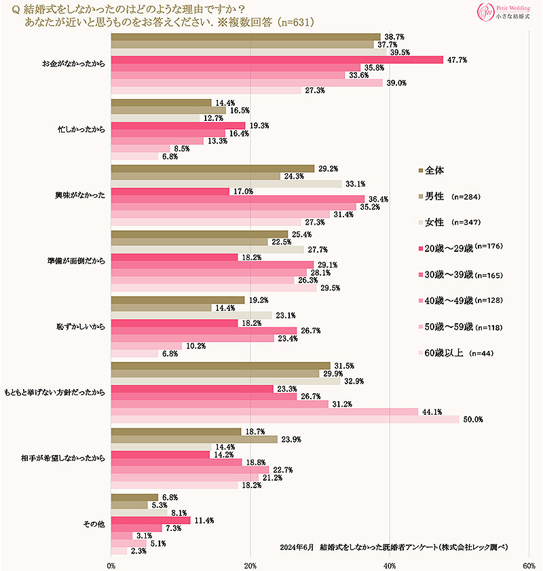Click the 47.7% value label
click(x=456, y=60)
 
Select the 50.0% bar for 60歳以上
click(x=284, y=419)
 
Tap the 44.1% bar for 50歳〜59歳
click(x=264, y=411)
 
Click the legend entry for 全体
click(x=434, y=170)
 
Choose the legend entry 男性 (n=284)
click(x=451, y=196)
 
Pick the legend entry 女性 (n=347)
click(x=451, y=222)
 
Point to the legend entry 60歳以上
click(x=451, y=352)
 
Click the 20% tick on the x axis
click(x=250, y=565)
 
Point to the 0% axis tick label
click(x=111, y=565)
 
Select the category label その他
click(x=95, y=523)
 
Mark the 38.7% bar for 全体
click(x=245, y=37)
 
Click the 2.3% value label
click(x=139, y=551)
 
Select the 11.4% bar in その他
click(x=150, y=520)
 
